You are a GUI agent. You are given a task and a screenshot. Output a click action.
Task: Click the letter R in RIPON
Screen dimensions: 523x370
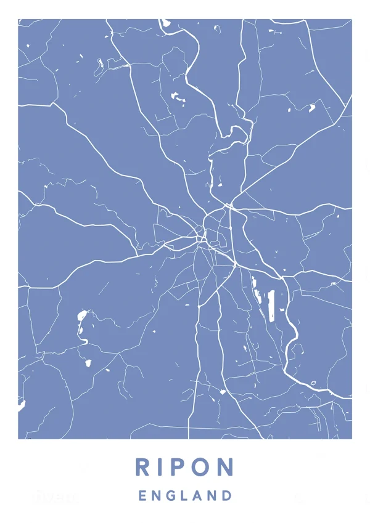(x=143, y=466)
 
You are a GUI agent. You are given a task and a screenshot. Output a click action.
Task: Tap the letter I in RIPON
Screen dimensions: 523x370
(x=162, y=466)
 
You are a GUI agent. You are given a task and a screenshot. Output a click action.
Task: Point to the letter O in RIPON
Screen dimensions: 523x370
(x=202, y=466)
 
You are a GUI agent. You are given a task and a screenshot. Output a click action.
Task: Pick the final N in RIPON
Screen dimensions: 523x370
(x=225, y=466)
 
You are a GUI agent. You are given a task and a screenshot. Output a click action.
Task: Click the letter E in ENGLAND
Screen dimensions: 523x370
(x=142, y=495)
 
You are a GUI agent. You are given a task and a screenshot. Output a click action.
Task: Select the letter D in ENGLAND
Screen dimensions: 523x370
(x=227, y=495)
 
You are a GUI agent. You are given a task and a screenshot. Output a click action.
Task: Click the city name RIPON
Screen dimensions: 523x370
(x=184, y=466)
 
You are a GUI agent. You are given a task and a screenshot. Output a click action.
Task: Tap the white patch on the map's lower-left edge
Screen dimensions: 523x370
(x=22, y=405)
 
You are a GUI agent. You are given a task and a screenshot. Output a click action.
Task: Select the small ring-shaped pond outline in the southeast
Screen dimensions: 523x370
(x=313, y=383)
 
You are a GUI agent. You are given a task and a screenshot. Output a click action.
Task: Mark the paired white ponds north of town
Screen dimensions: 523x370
(x=178, y=97)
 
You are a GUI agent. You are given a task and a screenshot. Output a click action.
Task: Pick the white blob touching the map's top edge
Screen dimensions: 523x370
(x=165, y=22)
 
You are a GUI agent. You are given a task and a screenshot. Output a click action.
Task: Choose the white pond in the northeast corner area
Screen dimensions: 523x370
(x=311, y=108)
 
